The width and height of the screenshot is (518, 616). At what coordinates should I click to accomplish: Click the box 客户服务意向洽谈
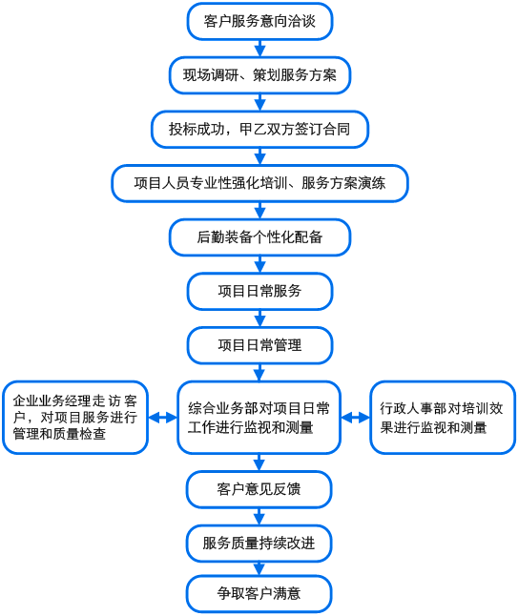(x=259, y=21)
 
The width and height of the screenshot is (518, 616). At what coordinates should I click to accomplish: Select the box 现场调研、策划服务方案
(x=259, y=75)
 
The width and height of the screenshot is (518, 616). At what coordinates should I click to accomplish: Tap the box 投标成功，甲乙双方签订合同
(x=259, y=130)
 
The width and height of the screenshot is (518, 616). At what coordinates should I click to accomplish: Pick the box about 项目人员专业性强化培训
(x=259, y=183)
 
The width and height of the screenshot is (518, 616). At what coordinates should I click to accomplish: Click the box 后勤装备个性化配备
(x=259, y=237)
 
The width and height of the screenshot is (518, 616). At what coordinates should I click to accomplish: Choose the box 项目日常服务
(x=259, y=291)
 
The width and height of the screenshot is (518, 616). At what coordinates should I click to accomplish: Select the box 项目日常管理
(x=259, y=345)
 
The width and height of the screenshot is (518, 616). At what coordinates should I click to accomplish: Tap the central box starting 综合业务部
(x=259, y=418)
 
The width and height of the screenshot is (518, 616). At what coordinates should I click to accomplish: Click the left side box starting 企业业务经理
(x=75, y=418)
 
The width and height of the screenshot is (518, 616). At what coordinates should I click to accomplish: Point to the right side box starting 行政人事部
(x=442, y=418)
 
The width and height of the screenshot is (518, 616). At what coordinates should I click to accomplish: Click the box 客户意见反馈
(x=259, y=489)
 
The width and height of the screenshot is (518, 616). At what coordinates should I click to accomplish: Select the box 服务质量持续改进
(x=259, y=544)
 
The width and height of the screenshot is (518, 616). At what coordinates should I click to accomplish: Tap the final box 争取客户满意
(x=259, y=594)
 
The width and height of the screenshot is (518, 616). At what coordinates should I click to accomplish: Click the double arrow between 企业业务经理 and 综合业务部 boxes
(x=162, y=418)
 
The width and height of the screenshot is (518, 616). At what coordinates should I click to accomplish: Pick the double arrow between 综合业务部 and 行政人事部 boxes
(x=355, y=418)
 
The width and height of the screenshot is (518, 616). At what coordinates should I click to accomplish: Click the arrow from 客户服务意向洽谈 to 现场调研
(x=259, y=49)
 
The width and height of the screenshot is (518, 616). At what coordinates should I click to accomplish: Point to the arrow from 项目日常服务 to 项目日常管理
(x=259, y=318)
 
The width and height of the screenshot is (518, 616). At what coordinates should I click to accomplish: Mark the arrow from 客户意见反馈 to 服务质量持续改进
(x=259, y=517)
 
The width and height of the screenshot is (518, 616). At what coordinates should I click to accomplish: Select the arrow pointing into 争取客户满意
(x=259, y=568)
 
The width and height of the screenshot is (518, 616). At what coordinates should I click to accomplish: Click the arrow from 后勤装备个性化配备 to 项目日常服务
(x=259, y=264)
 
